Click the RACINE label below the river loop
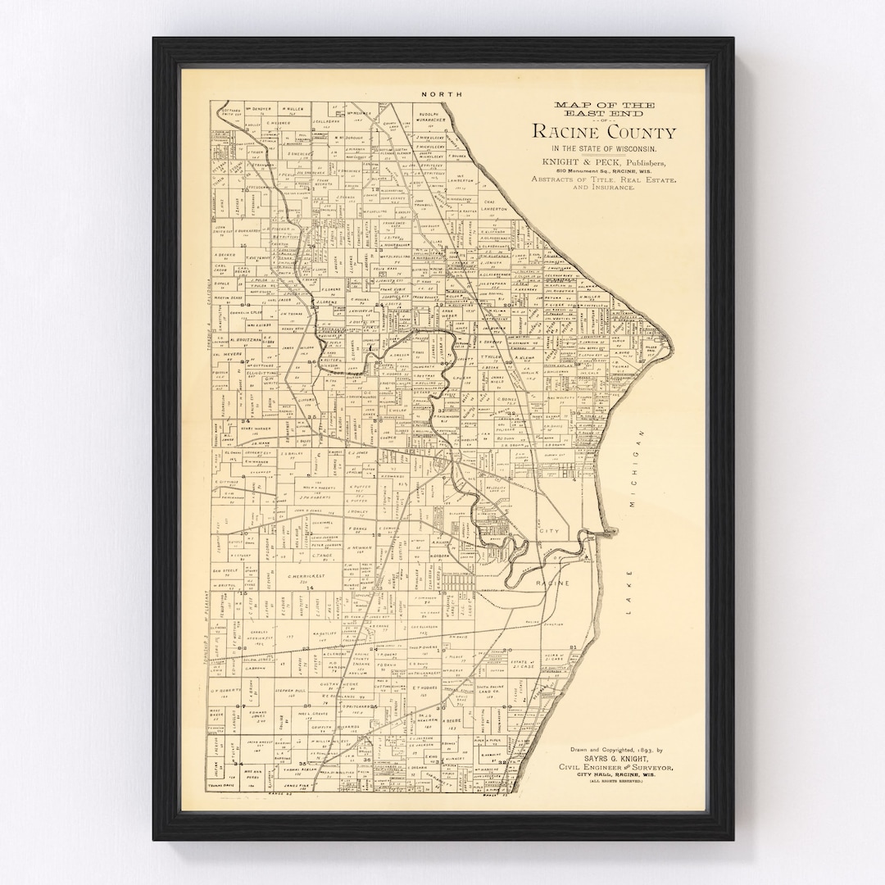coord(552,582)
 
